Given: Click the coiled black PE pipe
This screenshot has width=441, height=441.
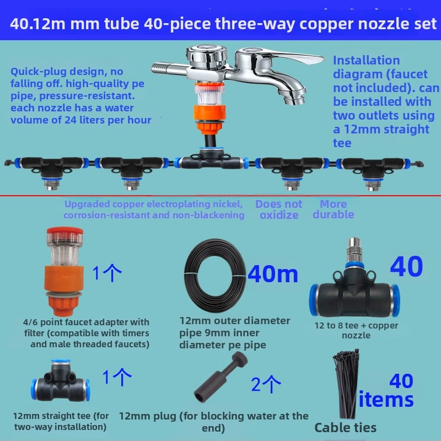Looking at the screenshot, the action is (x=214, y=276).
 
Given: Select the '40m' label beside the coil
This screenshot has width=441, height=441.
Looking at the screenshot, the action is (x=272, y=273).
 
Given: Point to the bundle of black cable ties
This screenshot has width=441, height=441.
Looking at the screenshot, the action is (x=346, y=384).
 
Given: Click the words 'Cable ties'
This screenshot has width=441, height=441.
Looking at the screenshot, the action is (x=346, y=428).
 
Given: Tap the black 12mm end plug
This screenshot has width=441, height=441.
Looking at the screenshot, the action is (x=221, y=377).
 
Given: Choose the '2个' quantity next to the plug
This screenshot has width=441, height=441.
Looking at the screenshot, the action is (x=266, y=384).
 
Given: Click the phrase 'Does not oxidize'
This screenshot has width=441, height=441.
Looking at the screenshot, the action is (x=279, y=209).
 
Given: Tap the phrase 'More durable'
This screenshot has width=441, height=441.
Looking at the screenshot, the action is (x=334, y=209).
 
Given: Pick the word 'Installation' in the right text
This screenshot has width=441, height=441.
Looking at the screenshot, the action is (x=366, y=61).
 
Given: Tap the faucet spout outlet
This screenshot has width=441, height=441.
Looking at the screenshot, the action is (x=294, y=99).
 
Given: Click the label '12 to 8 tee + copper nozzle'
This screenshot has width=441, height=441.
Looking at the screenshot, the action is (x=356, y=330).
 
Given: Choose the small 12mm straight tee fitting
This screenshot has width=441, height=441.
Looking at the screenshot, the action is (x=61, y=381).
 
